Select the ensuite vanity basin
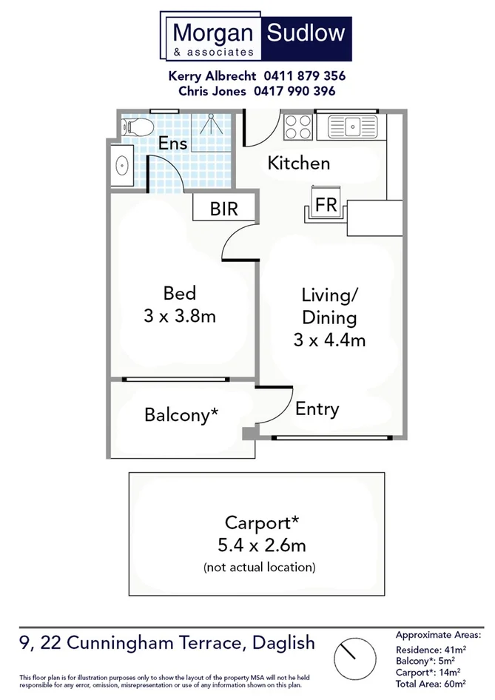click(122, 167)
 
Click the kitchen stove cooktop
click(299, 127)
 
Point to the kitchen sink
click(352, 127)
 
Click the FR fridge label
click(326, 206)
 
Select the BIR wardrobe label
click(223, 209)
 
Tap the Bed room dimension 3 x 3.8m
click(179, 317)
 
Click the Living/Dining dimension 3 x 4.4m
click(329, 340)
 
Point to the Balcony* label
click(181, 415)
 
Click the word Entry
click(317, 408)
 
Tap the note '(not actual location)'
click(259, 568)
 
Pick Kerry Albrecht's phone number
click(304, 75)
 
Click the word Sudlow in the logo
click(306, 33)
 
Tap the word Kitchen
click(298, 164)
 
